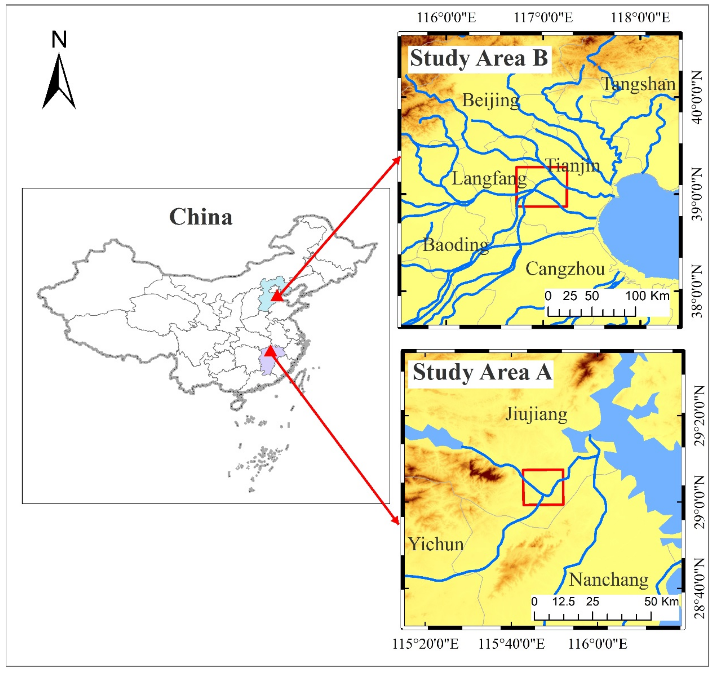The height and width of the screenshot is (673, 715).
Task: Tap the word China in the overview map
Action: pyautogui.click(x=201, y=217)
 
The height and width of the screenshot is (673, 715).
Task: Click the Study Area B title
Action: pyautogui.click(x=479, y=58)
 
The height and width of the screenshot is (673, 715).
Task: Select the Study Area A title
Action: pyautogui.click(x=482, y=372)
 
